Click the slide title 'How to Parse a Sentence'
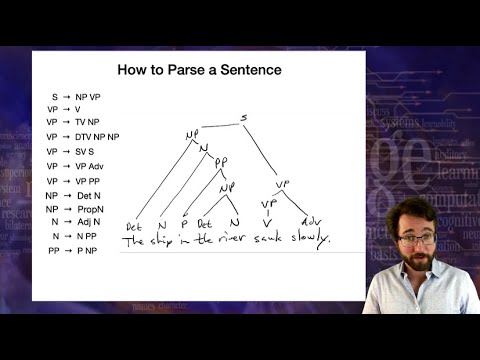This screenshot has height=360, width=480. [x=200, y=71]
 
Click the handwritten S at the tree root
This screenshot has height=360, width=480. [x=243, y=118]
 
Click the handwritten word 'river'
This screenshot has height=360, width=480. [x=231, y=240]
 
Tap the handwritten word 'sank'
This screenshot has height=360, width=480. [x=268, y=240]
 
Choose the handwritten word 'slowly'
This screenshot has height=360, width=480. [x=309, y=240]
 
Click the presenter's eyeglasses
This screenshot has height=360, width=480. [x=416, y=238]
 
